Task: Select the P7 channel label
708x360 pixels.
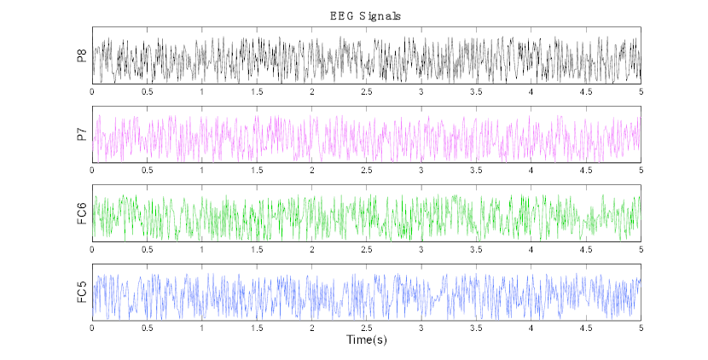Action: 81,133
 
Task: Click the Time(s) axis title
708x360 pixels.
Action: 366,340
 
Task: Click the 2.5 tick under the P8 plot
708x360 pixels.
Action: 367,90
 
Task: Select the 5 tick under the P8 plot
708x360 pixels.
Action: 641,90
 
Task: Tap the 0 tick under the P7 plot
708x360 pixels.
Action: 92,170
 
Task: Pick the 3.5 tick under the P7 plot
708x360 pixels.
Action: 476,170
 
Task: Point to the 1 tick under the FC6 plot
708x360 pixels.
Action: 202,249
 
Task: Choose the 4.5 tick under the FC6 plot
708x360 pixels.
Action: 586,249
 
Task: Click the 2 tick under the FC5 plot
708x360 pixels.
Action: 312,328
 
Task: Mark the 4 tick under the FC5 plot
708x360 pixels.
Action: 531,328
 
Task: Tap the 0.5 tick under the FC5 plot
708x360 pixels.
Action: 147,328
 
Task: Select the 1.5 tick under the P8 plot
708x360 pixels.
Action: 257,90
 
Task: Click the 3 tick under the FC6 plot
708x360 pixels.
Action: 421,249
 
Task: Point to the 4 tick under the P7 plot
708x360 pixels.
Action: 531,170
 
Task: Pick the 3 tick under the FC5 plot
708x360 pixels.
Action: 421,328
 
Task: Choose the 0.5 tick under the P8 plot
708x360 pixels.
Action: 147,90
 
